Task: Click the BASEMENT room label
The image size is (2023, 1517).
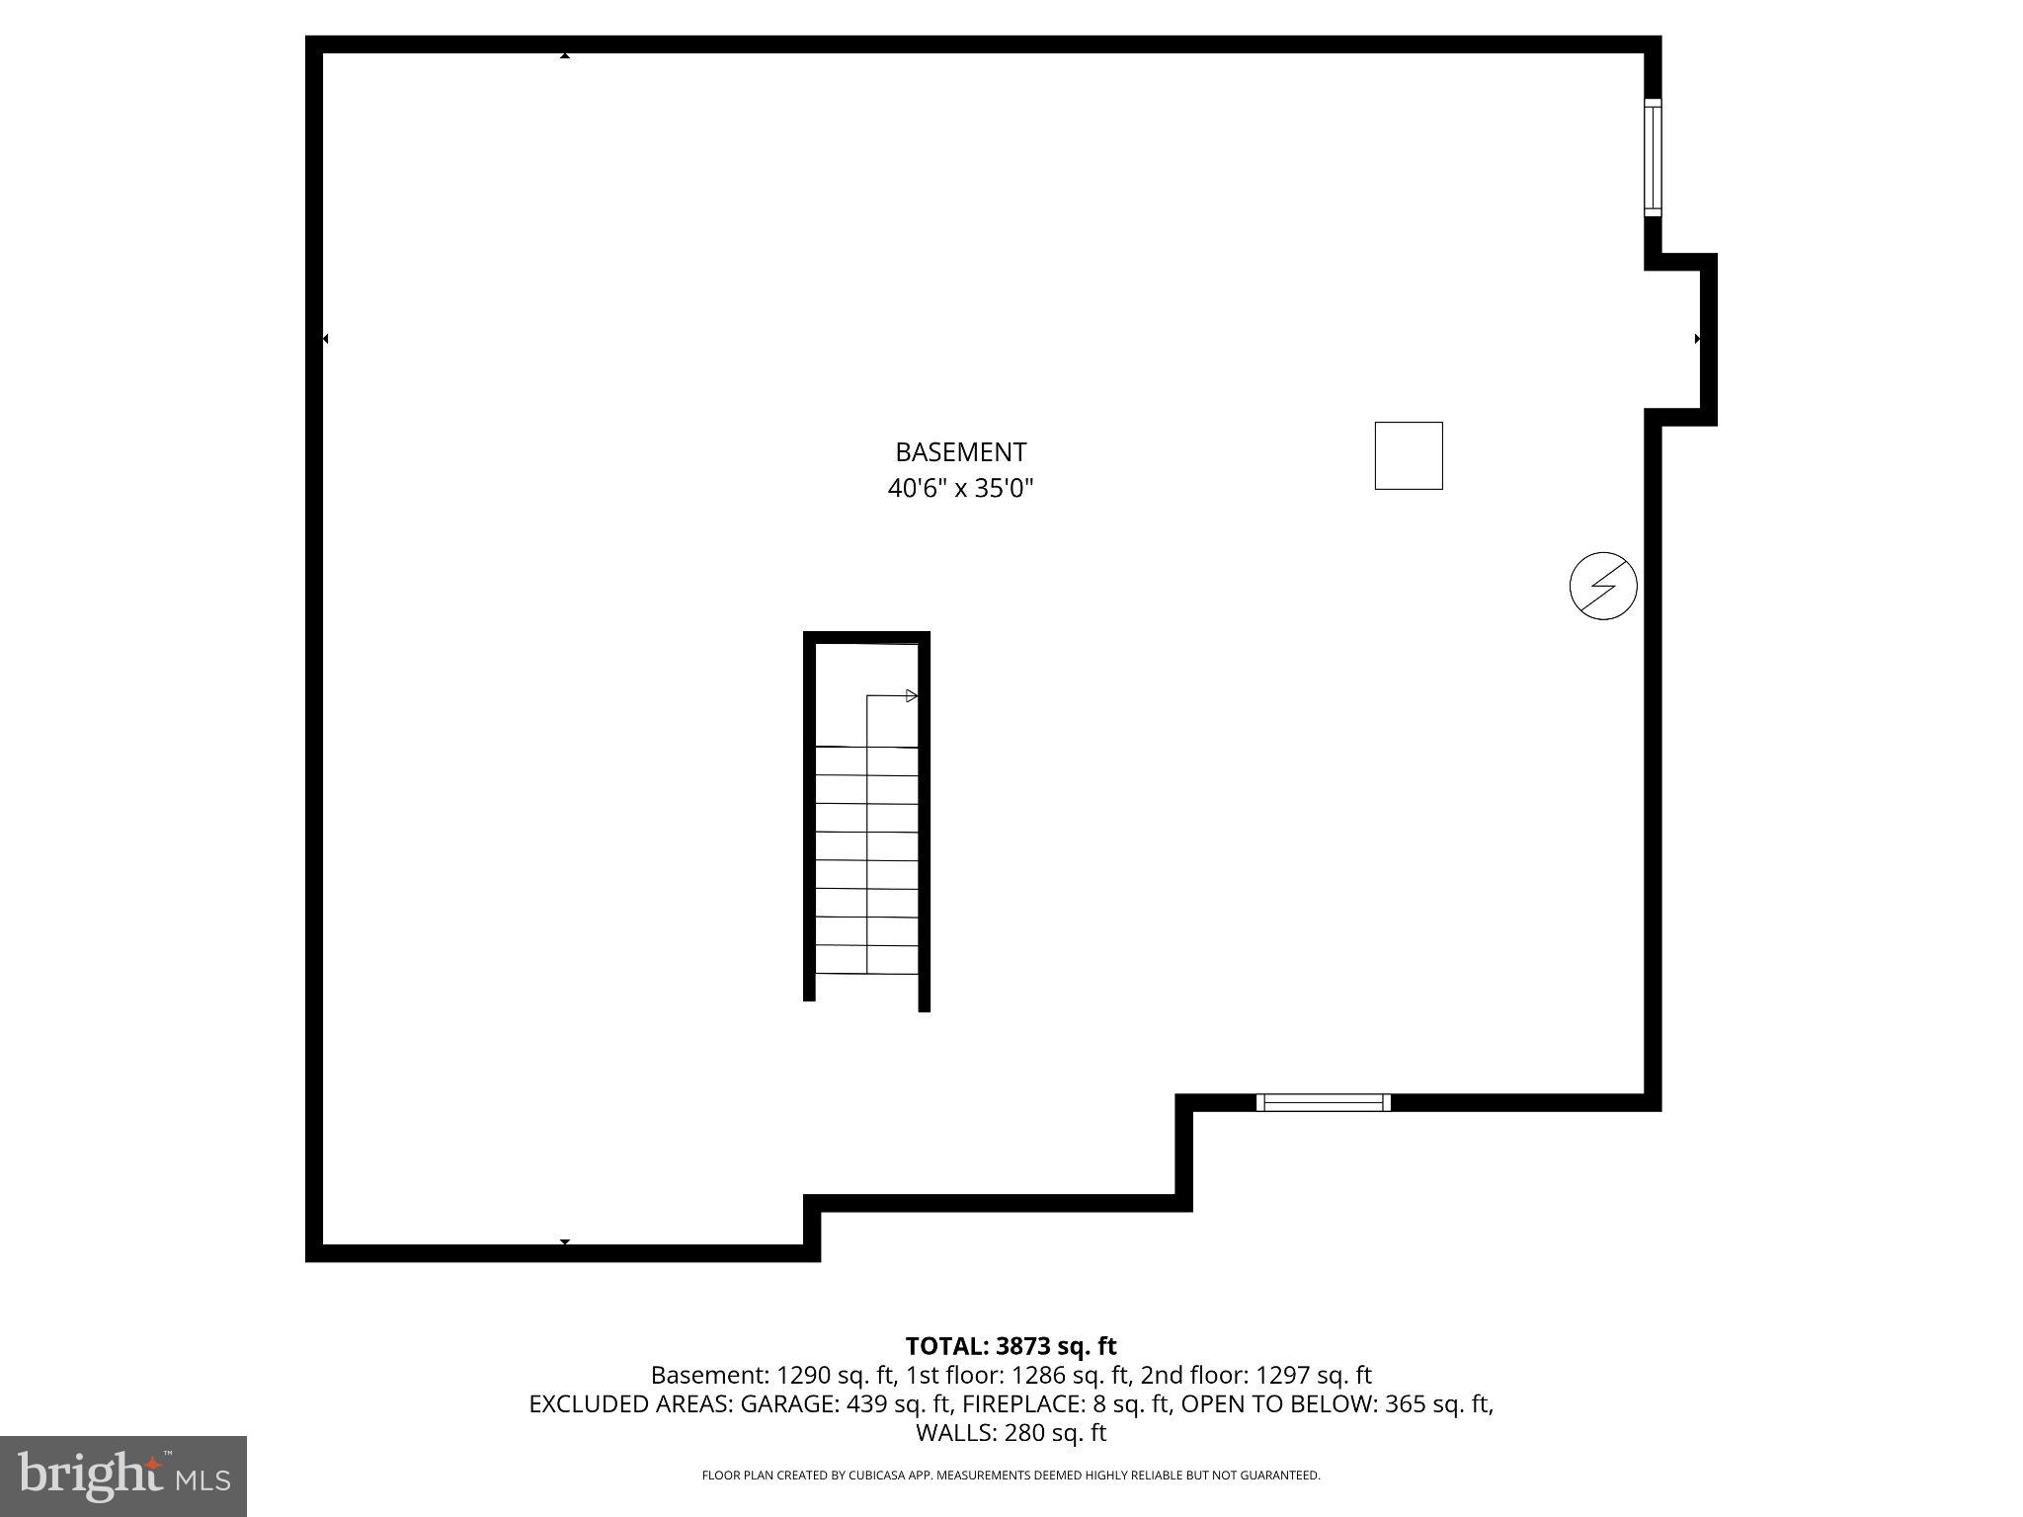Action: pyautogui.click(x=960, y=452)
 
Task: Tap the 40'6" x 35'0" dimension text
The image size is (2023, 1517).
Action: pyautogui.click(x=960, y=488)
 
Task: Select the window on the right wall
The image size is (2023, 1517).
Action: pyautogui.click(x=1653, y=157)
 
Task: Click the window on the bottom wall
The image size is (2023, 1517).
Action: pyautogui.click(x=1323, y=1102)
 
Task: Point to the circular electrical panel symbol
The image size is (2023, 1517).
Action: pyautogui.click(x=1602, y=586)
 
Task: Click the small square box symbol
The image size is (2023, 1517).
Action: pyautogui.click(x=1408, y=455)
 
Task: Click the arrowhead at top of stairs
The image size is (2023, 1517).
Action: pyautogui.click(x=911, y=696)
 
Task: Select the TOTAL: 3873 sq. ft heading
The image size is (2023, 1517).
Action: pyautogui.click(x=1011, y=1346)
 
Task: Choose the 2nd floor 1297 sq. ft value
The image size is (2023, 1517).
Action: pyautogui.click(x=1255, y=1375)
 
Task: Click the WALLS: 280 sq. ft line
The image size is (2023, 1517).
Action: pyautogui.click(x=1011, y=1432)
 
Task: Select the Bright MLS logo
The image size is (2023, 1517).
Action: pyautogui.click(x=123, y=1477)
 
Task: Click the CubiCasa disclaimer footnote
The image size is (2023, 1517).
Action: pyautogui.click(x=1011, y=1476)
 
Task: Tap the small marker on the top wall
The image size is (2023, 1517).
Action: pyautogui.click(x=565, y=55)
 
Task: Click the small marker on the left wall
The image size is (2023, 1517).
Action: pyautogui.click(x=325, y=339)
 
